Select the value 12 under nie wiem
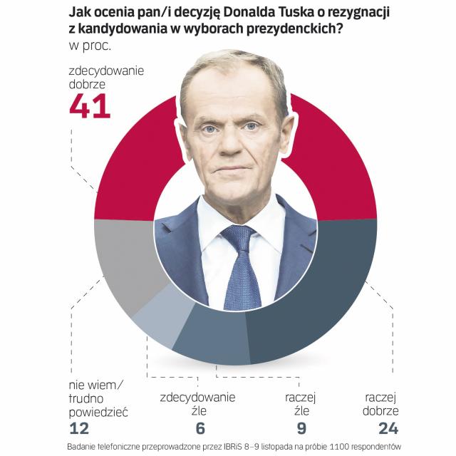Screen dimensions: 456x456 (x=79, y=427)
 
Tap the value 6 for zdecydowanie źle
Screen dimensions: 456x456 (x=200, y=427)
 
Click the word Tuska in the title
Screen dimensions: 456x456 (x=305, y=13)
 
